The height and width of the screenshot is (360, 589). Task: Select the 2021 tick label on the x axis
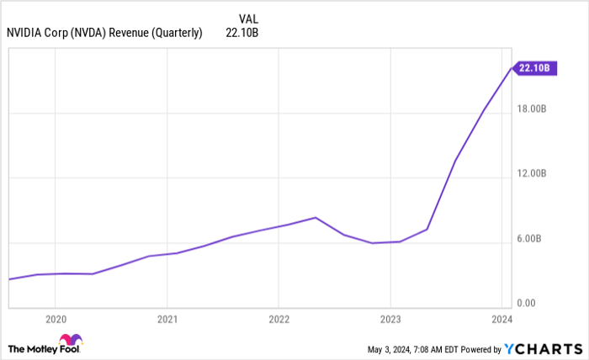click(167, 320)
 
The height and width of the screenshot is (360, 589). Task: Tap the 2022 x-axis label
click(279, 320)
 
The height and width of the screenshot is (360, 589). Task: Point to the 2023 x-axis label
click(390, 320)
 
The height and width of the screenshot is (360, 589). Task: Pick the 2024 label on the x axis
click(502, 320)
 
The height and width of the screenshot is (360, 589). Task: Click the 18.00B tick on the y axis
click(534, 109)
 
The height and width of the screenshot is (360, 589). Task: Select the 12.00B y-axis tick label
click(534, 173)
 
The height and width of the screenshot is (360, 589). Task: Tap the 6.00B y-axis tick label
click(536, 239)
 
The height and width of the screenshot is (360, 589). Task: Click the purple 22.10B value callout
click(533, 68)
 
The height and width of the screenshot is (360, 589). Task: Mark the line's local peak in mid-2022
click(315, 218)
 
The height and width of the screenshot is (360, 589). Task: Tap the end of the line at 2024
click(510, 68)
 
